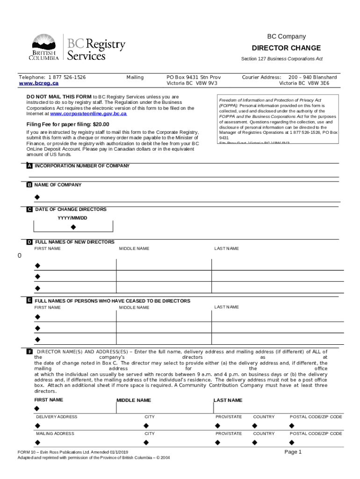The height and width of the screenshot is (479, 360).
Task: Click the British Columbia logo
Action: point(45,48)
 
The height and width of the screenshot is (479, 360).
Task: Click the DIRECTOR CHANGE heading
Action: point(286,48)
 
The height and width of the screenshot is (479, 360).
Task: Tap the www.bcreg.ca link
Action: point(38,83)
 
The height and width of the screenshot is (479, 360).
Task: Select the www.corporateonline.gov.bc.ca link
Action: point(88,114)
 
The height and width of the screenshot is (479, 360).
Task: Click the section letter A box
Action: point(29,166)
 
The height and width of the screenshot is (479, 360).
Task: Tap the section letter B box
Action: point(29,185)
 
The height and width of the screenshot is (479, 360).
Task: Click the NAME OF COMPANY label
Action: point(58,185)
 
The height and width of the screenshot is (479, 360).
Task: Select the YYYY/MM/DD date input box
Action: point(73,227)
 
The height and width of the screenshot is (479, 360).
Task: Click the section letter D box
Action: point(29,242)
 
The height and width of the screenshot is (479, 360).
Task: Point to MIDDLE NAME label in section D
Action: point(134,248)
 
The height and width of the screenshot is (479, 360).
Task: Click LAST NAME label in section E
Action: point(226,307)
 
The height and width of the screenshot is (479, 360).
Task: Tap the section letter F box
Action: point(29,352)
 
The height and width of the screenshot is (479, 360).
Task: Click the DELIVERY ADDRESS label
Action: point(57,417)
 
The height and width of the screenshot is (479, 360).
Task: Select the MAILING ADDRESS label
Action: point(55,434)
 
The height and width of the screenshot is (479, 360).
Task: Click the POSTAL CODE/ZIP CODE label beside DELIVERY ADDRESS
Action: point(316,417)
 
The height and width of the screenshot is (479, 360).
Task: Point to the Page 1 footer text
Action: point(294,452)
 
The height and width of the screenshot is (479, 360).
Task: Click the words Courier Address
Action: point(261,77)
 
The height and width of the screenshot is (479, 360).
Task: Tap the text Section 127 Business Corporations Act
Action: point(281,59)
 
